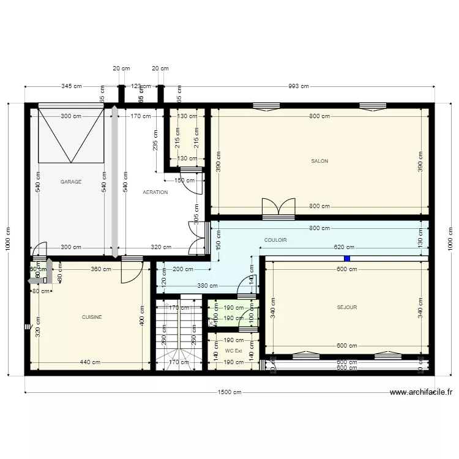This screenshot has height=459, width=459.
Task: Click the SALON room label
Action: tap(319, 162)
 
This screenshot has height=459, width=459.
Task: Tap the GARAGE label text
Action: tap(71, 182)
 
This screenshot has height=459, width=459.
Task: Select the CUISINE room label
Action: tap(92, 317)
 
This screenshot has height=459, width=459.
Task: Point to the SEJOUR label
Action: tap(346, 307)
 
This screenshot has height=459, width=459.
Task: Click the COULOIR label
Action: tap(275, 240)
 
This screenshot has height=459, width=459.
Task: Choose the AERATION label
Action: tap(155, 192)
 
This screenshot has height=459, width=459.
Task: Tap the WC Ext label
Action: tap(234, 351)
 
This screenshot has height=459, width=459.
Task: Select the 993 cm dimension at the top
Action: tap(298, 86)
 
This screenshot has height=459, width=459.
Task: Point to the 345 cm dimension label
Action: tap(71, 86)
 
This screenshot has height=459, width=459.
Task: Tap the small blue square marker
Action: tap(347, 258)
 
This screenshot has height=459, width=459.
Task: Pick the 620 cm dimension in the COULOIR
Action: tap(343, 247)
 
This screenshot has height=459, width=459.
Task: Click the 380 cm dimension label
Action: tap(207, 285)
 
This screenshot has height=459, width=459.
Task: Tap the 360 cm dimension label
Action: tap(101, 269)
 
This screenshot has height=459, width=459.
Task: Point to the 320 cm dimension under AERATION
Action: tap(160, 247)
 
